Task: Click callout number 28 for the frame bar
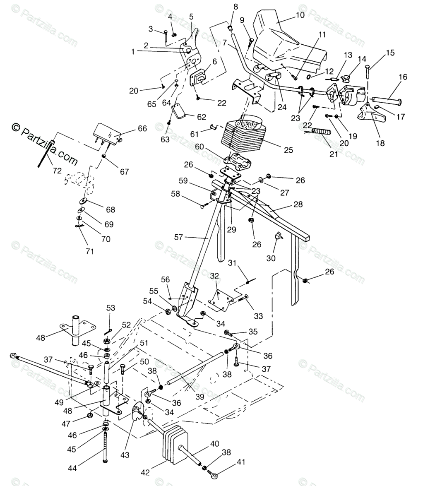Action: [298, 205]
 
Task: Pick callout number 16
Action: [403, 77]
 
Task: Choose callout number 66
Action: [142, 129]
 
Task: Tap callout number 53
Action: [111, 308]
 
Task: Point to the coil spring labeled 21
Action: [321, 132]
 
